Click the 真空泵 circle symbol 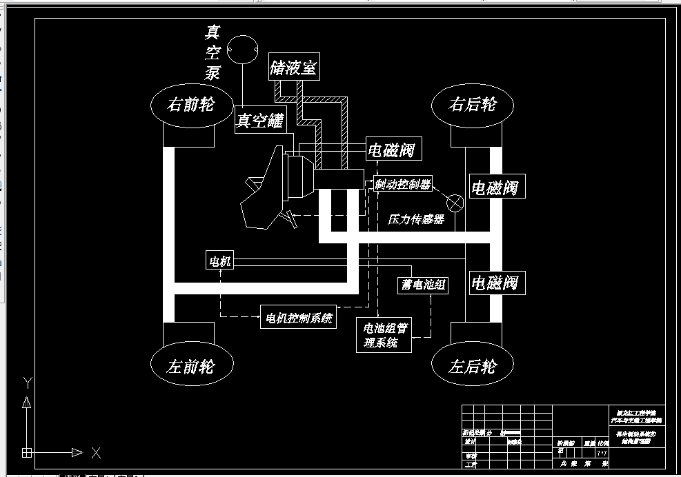pos(242,50)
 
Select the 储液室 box pos(293,68)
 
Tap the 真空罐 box pos(260,121)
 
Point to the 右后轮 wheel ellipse pos(473,105)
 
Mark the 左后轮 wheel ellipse pos(473,365)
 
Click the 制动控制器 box pos(403,184)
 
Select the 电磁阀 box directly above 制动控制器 pos(392,150)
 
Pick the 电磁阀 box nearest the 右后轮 pos(494,187)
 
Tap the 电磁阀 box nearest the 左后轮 pos(494,283)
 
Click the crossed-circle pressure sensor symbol pos(455,203)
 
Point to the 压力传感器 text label pos(415,220)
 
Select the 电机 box pos(220,261)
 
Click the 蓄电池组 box pos(423,285)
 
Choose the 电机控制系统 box pos(298,318)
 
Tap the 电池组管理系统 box pos(385,335)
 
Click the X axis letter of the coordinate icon pos(96,453)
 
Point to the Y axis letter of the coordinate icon pos(27,381)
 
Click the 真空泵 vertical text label pos(213,52)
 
